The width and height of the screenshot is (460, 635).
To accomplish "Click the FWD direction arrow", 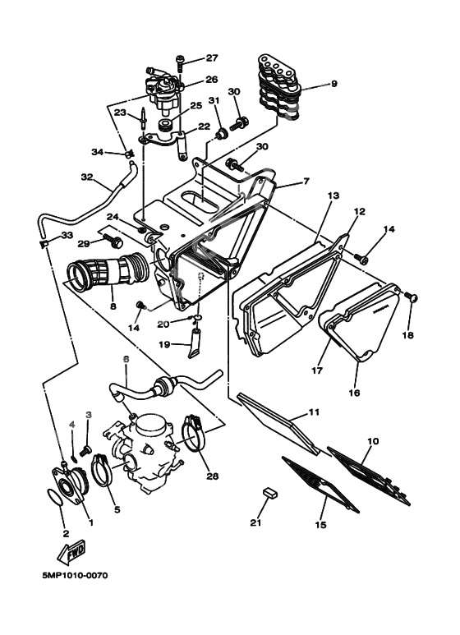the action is [x=72, y=552].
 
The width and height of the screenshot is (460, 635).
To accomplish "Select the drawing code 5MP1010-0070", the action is [x=75, y=575].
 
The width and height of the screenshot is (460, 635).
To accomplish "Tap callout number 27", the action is [x=212, y=58].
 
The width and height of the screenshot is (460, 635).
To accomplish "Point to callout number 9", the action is [x=333, y=84].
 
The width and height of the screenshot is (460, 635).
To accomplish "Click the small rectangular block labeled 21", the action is [x=269, y=492].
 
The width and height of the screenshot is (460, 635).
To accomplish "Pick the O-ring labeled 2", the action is [x=56, y=497].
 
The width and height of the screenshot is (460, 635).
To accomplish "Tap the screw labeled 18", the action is [x=411, y=297].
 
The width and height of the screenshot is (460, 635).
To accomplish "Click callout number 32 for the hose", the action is [x=86, y=177].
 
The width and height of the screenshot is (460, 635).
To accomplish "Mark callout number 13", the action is [x=333, y=196].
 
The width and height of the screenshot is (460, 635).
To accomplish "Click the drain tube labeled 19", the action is [x=195, y=343].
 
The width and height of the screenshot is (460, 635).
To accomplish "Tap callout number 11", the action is [x=314, y=412].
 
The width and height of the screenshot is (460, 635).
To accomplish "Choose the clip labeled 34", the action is [x=129, y=154].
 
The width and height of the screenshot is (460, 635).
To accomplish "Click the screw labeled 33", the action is [x=44, y=243].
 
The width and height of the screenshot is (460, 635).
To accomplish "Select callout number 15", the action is [x=320, y=525].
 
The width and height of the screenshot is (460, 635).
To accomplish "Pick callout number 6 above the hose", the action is [x=126, y=359].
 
